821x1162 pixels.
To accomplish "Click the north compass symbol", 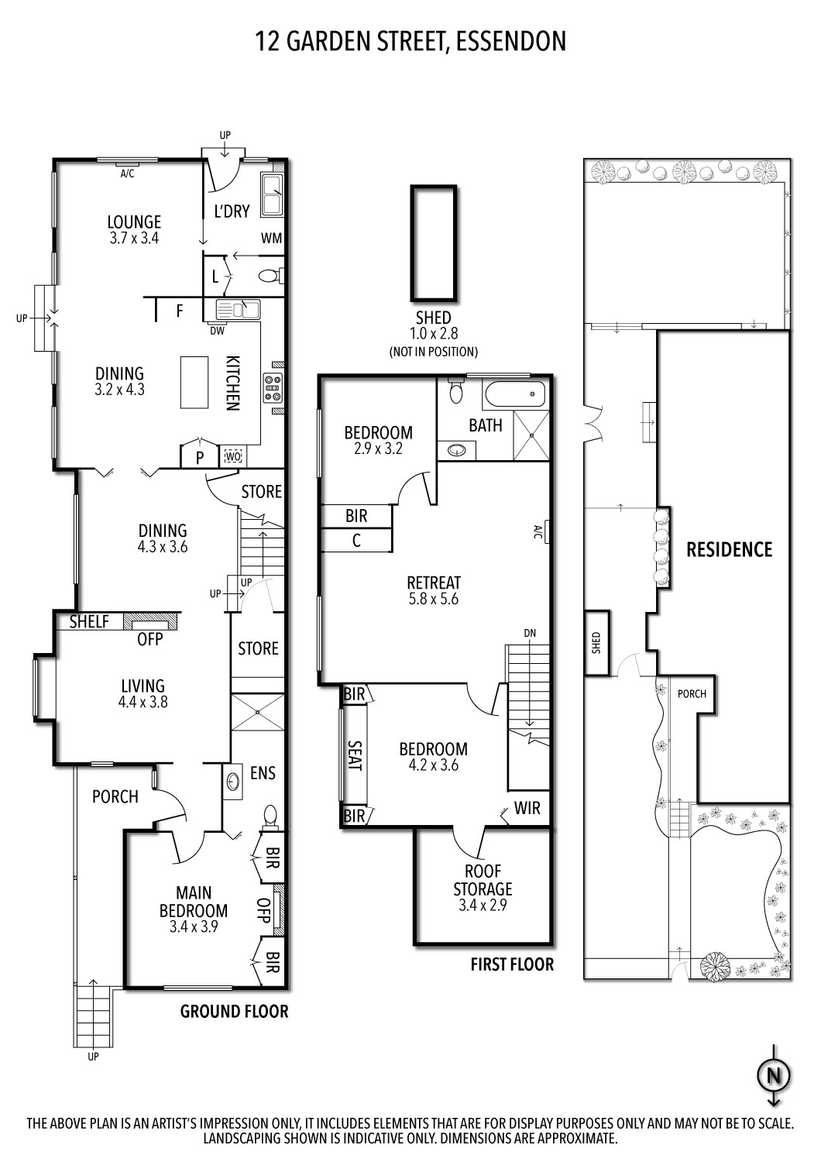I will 772,1074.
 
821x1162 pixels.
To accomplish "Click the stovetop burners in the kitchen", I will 273,387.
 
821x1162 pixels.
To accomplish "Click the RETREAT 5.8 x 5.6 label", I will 434,590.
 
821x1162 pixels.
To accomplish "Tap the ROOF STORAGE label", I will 483,887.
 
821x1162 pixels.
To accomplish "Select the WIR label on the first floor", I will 527,809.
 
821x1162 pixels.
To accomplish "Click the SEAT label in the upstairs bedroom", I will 354,755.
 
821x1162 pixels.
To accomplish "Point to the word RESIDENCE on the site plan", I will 729,549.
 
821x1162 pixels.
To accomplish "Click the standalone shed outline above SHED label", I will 433,242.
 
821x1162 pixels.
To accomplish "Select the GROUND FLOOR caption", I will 234,1011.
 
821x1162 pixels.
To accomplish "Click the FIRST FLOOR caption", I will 512,964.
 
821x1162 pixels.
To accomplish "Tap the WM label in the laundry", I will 271,237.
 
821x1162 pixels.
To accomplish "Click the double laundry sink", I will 272,194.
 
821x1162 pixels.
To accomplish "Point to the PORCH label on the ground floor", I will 115,796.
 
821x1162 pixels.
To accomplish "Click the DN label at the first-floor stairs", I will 530,633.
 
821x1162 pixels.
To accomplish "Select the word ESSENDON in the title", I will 511,41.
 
